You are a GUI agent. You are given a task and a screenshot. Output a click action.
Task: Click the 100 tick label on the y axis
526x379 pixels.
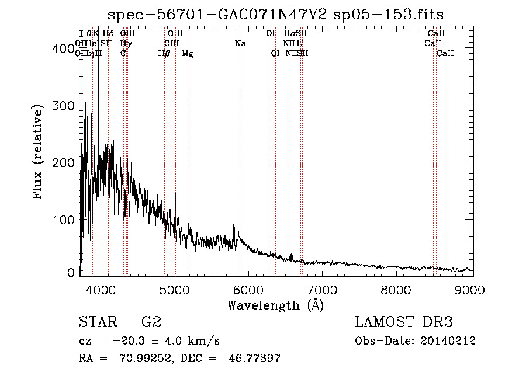point(64,220)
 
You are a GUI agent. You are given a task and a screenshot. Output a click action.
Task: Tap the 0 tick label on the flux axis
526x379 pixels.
point(71,273)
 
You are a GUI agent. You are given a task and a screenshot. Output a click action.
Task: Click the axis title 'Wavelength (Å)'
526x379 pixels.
point(275,305)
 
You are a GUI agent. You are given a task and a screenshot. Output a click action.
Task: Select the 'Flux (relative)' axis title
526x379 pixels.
point(39,153)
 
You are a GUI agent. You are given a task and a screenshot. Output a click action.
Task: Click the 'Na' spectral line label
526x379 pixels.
point(240,44)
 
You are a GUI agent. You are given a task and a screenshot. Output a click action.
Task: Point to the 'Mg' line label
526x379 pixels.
point(187,54)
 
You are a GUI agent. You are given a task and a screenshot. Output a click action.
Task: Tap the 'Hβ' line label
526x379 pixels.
point(164,54)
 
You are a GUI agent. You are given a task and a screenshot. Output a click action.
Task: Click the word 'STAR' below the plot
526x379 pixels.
point(98,322)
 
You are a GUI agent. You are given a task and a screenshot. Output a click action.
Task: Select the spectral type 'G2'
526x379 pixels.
point(151,322)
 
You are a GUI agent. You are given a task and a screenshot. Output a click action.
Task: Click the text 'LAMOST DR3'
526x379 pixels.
point(404,322)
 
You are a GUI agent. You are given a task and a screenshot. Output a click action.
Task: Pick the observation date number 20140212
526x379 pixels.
point(447,341)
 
